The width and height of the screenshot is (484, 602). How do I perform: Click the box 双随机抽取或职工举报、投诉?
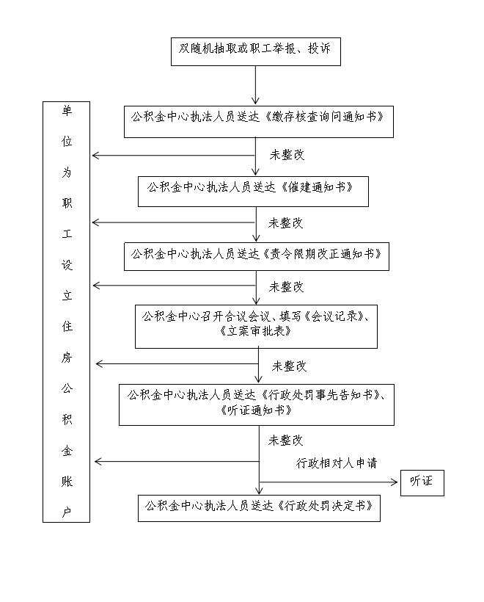coord(256,51)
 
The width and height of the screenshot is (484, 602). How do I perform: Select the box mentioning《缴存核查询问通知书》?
coord(259,122)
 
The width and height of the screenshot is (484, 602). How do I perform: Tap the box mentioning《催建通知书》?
coord(253,192)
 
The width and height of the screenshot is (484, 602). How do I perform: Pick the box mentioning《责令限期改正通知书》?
coord(257,256)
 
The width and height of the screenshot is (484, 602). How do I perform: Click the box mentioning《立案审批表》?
coord(256,327)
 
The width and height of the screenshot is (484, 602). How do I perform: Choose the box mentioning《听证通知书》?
coord(257,405)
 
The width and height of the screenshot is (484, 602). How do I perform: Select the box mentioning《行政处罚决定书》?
coord(260,508)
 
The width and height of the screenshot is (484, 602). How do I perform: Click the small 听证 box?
coord(422,483)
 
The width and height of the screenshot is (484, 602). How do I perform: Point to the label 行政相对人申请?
coord(337,463)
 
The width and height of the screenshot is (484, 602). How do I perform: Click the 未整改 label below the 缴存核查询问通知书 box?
coord(287,155)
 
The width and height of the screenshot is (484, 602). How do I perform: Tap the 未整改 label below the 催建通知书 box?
coord(286,223)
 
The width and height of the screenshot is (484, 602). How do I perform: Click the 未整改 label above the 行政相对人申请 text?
coord(286,440)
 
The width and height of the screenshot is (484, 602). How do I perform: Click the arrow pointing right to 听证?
coord(329,482)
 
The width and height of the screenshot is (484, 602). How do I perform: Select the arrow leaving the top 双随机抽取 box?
coord(255,85)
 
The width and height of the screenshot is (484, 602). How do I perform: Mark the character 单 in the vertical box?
coord(67,111)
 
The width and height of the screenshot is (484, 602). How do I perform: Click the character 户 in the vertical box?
coord(67,512)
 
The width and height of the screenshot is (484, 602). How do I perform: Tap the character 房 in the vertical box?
coord(67,358)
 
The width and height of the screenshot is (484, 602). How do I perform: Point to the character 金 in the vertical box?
coord(67,450)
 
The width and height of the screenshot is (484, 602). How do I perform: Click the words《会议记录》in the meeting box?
coord(334,316)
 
